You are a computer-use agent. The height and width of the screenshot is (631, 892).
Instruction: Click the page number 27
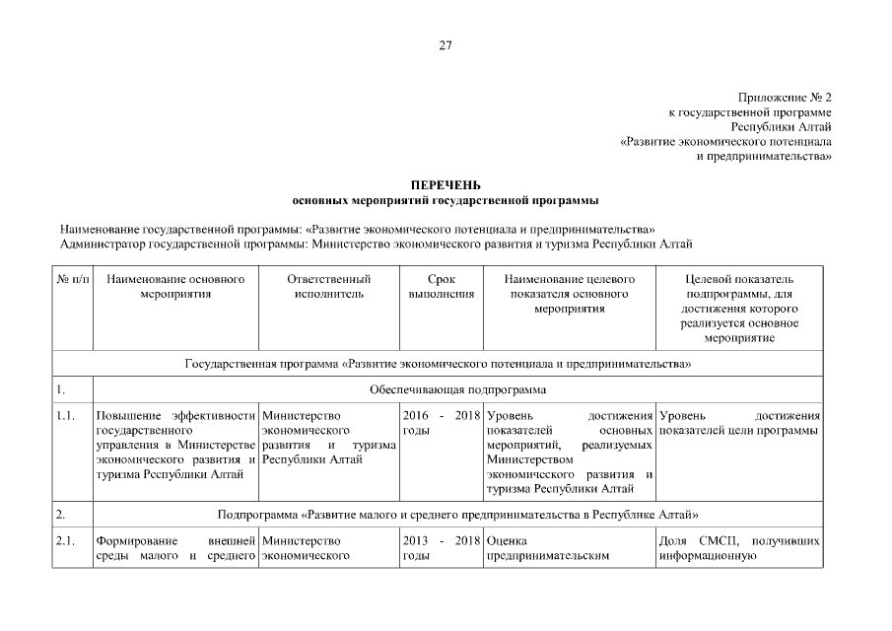point(446,45)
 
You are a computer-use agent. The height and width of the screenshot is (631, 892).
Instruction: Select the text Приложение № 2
point(784,98)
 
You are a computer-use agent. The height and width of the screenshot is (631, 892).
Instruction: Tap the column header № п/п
point(72,280)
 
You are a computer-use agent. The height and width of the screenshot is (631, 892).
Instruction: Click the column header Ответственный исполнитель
point(328,287)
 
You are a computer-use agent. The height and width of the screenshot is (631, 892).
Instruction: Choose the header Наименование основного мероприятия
point(175,287)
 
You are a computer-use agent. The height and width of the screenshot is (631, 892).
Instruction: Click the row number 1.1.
point(66,416)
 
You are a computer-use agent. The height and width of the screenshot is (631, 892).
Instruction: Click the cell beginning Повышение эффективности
point(175,446)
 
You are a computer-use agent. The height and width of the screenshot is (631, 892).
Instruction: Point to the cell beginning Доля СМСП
point(737,548)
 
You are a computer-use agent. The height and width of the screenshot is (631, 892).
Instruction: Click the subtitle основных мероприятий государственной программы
point(446,200)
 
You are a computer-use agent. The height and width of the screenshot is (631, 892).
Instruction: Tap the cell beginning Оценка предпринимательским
point(570,548)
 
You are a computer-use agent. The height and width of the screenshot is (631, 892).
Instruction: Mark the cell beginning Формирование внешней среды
point(175,548)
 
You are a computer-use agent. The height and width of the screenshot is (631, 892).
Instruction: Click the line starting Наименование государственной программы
point(357,228)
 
